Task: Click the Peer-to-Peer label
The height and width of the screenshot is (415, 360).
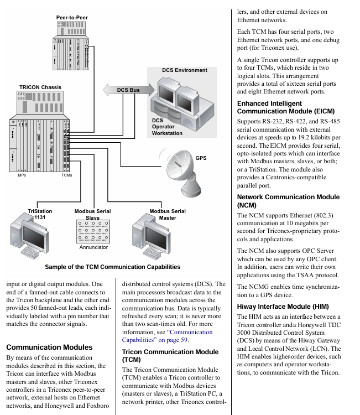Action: pyautogui.click(x=72, y=18)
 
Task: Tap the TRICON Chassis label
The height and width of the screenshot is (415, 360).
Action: pyautogui.click(x=40, y=87)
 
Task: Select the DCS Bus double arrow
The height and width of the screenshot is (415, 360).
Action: pyautogui.click(x=128, y=90)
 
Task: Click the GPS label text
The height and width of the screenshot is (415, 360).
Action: pyautogui.click(x=201, y=158)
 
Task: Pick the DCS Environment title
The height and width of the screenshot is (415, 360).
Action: pyautogui.click(x=185, y=70)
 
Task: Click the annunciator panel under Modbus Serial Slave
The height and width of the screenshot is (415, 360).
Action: pyautogui.click(x=93, y=231)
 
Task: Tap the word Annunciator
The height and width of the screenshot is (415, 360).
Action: pyautogui.click(x=93, y=247)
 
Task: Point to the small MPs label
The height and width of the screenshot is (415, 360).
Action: pyautogui.click(x=22, y=175)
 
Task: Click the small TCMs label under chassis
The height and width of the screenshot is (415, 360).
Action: pyautogui.click(x=67, y=175)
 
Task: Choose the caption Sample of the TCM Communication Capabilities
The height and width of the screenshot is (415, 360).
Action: pyautogui.click(x=113, y=267)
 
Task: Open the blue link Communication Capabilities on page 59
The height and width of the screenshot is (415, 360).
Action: pyautogui.click(x=167, y=336)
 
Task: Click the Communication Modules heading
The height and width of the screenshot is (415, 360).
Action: pyautogui.click(x=49, y=347)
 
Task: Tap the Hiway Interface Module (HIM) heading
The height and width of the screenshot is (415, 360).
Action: pyautogui.click(x=283, y=307)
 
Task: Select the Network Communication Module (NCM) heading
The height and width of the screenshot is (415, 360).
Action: pyautogui.click(x=288, y=201)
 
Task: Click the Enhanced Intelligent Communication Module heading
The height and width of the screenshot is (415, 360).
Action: pyautogui.click(x=286, y=107)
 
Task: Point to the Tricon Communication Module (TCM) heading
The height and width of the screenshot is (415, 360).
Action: pyautogui.click(x=170, y=356)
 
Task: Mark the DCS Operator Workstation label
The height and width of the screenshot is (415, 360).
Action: pyautogui.click(x=167, y=127)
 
